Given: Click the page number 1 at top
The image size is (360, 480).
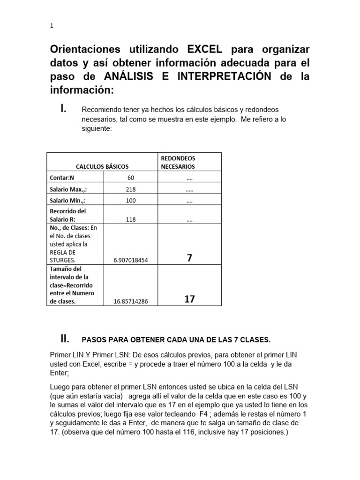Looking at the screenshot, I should (52, 26).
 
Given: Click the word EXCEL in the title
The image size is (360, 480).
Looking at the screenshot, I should (205, 50).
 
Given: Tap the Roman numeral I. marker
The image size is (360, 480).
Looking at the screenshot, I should (63, 109).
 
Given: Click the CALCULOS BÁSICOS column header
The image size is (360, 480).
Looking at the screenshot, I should (102, 166).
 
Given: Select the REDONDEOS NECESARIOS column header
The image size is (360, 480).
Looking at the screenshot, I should (178, 162).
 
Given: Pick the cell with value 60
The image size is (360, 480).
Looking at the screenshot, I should (131, 178).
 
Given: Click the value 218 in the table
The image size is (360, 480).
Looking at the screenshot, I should (131, 189).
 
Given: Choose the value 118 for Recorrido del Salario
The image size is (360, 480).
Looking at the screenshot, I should (131, 219).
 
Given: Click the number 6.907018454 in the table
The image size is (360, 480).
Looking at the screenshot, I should (131, 260).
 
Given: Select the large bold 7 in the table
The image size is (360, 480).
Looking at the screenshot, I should (189, 258).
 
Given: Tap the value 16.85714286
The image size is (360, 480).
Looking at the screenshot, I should (131, 301).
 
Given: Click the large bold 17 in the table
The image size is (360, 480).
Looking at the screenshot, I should (189, 299).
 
